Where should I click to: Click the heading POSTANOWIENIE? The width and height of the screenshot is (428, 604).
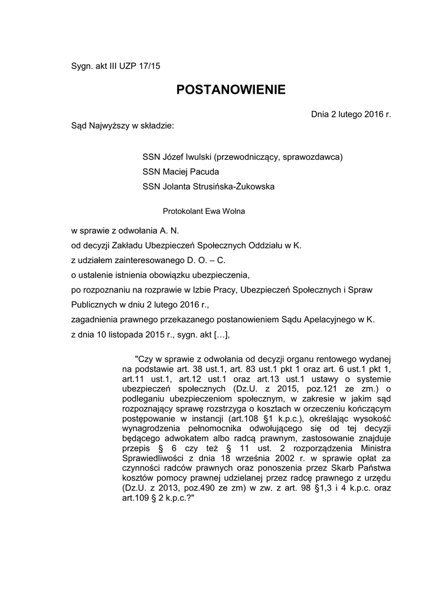click(231, 90)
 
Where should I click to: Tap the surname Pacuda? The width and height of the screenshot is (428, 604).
click(202, 172)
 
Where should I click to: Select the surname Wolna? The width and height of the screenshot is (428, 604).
click(233, 210)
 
